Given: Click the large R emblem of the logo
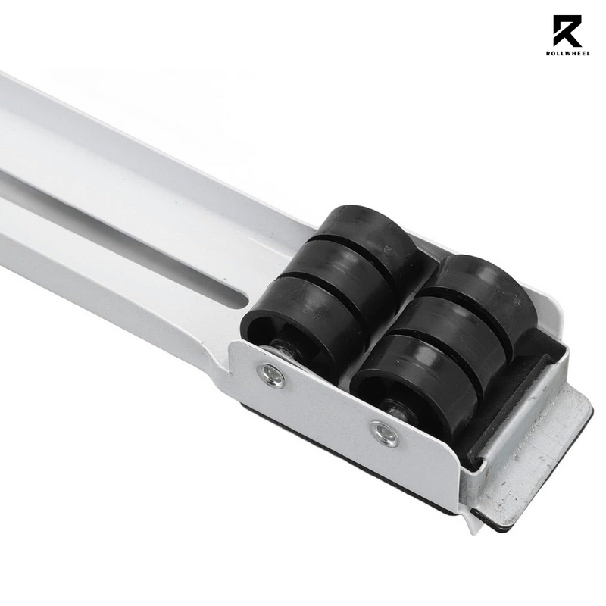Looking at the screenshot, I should pyautogui.click(x=567, y=33).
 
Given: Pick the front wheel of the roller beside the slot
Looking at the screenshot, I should pyautogui.click(x=292, y=326).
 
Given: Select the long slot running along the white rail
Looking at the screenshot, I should pyautogui.click(x=114, y=220).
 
